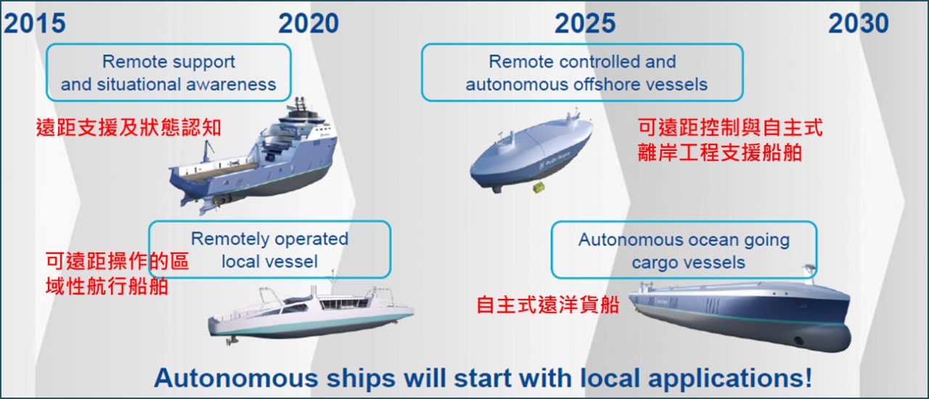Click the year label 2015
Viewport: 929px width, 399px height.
point(35,22)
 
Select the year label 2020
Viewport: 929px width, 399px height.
point(308,22)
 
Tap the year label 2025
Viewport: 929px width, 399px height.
point(585,22)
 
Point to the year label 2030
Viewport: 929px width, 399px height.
point(859,22)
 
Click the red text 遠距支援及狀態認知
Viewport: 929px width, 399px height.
point(128,128)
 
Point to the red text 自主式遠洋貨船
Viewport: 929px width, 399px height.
point(548,305)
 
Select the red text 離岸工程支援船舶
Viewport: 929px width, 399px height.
point(720,152)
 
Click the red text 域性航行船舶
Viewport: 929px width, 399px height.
point(107,286)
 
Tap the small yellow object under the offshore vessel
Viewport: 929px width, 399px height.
point(539,187)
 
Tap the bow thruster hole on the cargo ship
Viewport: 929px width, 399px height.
point(798,341)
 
